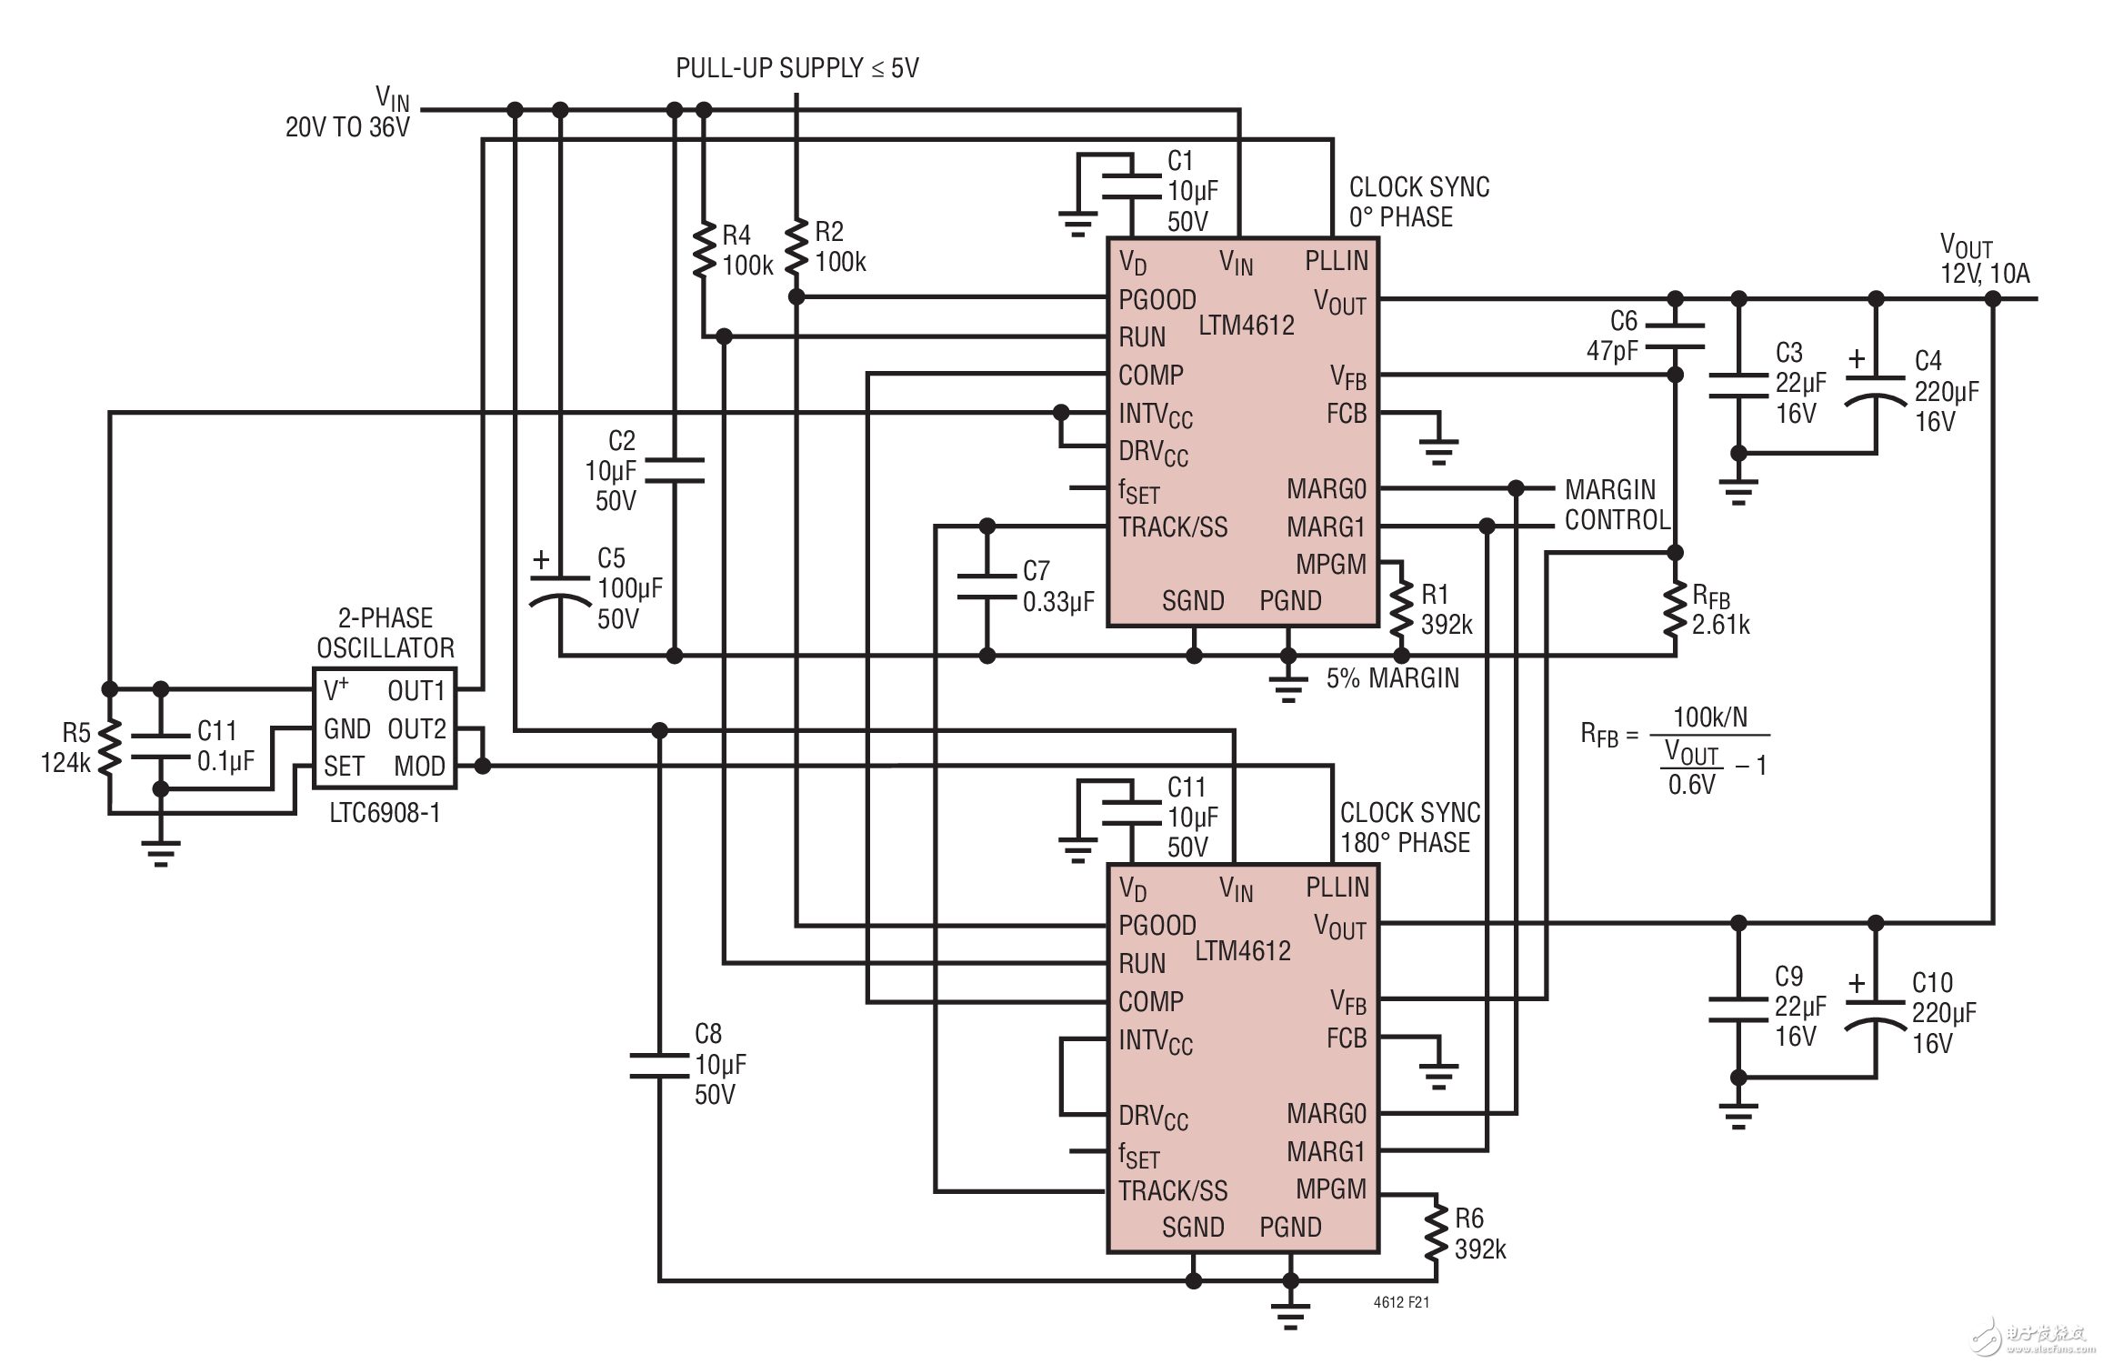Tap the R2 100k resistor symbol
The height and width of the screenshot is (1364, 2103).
(796, 246)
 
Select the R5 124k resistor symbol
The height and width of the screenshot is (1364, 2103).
(109, 747)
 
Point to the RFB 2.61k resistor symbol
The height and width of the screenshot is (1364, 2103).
(1675, 611)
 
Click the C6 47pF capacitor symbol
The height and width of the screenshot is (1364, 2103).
(1675, 336)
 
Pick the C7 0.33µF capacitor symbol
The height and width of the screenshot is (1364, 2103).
(987, 587)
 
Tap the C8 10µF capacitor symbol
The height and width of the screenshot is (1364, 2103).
(659, 1065)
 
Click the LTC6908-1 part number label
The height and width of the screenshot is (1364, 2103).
(385, 813)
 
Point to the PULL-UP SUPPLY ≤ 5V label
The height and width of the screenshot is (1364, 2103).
(796, 68)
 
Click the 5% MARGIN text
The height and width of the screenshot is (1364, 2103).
(1392, 678)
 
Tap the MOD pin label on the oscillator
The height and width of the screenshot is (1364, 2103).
(419, 767)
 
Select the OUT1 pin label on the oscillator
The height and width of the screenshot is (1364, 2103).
(416, 691)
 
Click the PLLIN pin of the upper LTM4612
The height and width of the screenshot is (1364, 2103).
(1336, 261)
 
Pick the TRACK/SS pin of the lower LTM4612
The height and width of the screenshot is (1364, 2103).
(1172, 1190)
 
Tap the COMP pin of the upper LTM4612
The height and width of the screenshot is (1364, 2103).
(1150, 375)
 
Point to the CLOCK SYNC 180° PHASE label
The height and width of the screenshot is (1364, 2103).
(1409, 827)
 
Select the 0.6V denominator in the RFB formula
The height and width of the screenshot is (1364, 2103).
(1691, 784)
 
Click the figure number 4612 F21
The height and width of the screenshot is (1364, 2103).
(1401, 1302)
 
